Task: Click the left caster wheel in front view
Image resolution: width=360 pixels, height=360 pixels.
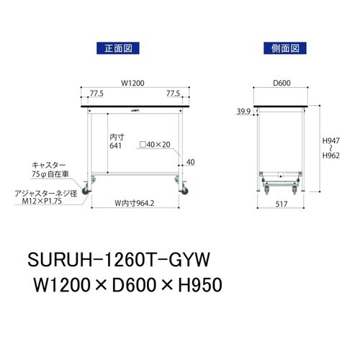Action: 89,191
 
